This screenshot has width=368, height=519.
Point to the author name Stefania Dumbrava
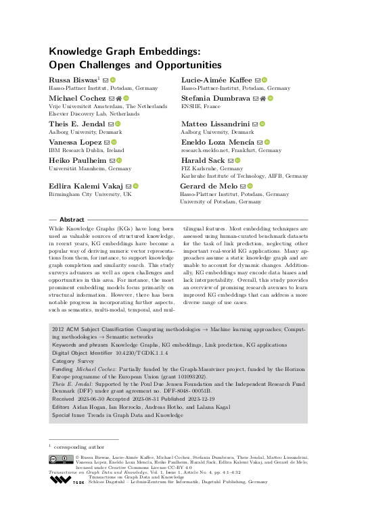[215, 99]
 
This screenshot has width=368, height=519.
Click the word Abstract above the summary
[72, 220]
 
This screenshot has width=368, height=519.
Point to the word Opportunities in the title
[179, 65]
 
